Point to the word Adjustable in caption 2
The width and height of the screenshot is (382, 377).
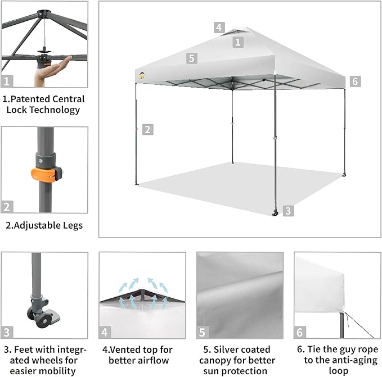click(37, 225)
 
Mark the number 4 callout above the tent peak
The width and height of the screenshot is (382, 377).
click(219, 27)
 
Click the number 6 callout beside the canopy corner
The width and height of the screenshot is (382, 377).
click(354, 81)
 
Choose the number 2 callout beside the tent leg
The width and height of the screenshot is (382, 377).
click(147, 129)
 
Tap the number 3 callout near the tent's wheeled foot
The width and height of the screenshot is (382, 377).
click(288, 211)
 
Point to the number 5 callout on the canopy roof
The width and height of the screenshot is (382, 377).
click(191, 58)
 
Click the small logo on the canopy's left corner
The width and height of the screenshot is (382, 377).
click(141, 74)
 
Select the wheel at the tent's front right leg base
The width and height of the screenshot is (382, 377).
click(276, 213)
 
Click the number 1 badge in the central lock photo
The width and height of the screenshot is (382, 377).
click(7, 81)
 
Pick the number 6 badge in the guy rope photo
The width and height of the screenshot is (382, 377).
click(300, 332)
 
